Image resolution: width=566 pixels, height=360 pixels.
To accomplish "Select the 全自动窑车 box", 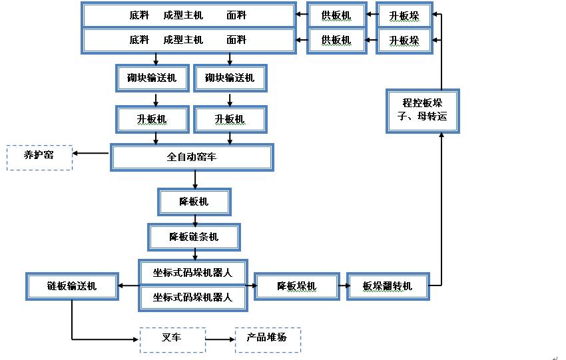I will pyautogui.click(x=192, y=158).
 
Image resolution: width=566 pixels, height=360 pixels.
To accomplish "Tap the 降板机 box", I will pyautogui.click(x=194, y=202).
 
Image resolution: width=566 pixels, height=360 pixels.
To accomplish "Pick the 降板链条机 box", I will pyautogui.click(x=194, y=236).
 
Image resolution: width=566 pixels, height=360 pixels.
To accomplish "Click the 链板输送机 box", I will pyautogui.click(x=71, y=286).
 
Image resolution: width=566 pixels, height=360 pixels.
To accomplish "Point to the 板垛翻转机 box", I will pyautogui.click(x=387, y=286).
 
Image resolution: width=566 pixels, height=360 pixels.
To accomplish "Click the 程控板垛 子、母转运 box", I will pyautogui.click(x=423, y=110).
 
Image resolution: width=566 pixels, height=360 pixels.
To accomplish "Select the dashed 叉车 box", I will pyautogui.click(x=172, y=339).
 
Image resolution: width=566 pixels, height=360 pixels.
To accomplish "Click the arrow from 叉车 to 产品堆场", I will pyautogui.click(x=220, y=339).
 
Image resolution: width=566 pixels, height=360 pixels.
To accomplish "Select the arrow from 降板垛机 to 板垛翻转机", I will pyautogui.click(x=342, y=286).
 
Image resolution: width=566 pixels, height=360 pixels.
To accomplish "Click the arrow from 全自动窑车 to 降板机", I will pyautogui.click(x=194, y=179).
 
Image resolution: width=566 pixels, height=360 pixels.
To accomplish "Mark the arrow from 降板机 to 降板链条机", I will pyautogui.click(x=194, y=219).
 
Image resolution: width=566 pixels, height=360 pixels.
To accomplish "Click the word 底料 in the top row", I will pyautogui.click(x=139, y=14).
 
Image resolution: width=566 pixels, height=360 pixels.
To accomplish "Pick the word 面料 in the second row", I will pyautogui.click(x=236, y=40).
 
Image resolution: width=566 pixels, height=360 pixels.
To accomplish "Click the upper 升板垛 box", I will pyautogui.click(x=404, y=14).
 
